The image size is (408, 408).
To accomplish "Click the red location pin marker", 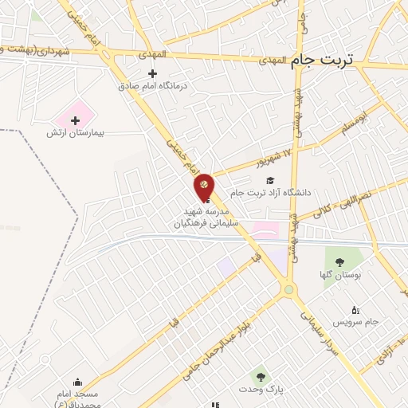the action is click(x=204, y=186).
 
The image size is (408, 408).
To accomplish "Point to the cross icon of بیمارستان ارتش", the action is click(x=76, y=121).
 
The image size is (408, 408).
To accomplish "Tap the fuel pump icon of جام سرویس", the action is click(x=355, y=310).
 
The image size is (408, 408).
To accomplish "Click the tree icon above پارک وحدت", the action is click(x=257, y=375).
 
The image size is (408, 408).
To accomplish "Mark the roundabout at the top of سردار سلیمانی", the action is click(x=288, y=289).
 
